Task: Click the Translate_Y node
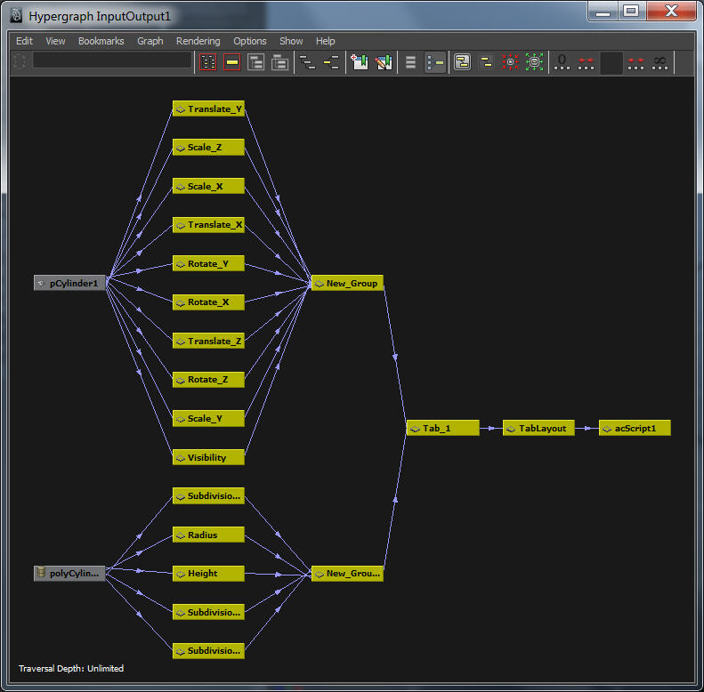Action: coord(208,109)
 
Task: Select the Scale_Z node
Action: coord(208,148)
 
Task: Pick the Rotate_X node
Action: coord(208,302)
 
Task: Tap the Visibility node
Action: coord(208,458)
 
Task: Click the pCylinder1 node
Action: coord(70,283)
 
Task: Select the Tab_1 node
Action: coord(442,428)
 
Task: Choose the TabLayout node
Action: coord(539,428)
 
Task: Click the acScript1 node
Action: coord(635,428)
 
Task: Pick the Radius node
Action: coord(208,535)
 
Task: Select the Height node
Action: coord(208,574)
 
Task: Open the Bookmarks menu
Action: coord(101,41)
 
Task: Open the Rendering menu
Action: coord(198,41)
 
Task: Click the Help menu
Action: coord(325,41)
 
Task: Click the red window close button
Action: coord(670,11)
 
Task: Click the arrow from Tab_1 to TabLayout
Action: coord(491,428)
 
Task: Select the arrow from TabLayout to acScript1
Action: coord(587,428)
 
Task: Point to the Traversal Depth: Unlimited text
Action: coord(71,668)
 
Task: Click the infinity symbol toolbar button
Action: coord(659,62)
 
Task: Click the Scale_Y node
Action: coord(208,419)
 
